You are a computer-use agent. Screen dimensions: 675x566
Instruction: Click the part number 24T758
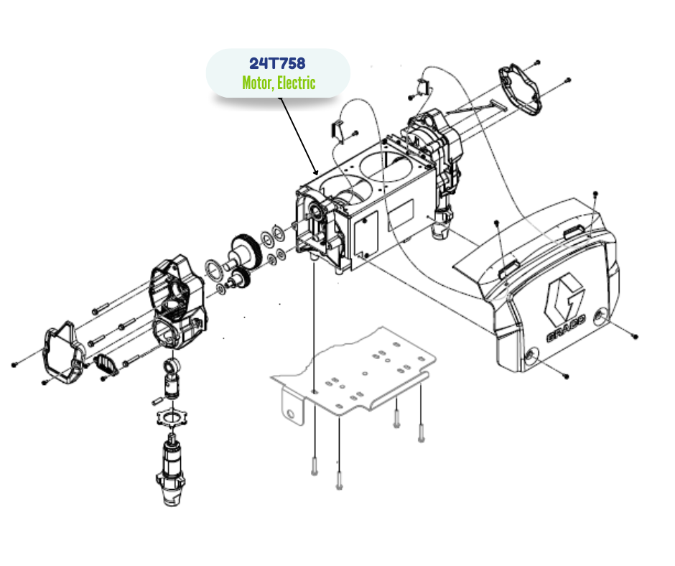tap(277, 63)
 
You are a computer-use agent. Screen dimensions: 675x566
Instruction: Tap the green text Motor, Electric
tap(279, 83)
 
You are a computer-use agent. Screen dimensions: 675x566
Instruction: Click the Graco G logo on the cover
tap(564, 297)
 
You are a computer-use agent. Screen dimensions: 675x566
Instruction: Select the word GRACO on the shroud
tap(566, 328)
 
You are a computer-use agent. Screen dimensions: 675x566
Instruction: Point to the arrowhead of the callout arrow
tap(316, 172)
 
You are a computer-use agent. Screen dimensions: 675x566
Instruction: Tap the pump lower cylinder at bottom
tap(171, 470)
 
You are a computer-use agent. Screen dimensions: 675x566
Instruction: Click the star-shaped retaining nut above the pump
tap(172, 417)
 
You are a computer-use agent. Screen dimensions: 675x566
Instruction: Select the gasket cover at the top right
tap(520, 90)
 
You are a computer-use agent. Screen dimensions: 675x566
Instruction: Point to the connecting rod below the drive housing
tap(172, 379)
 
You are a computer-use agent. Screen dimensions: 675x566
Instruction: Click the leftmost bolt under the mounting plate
tap(315, 466)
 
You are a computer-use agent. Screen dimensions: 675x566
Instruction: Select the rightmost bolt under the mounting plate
tap(421, 433)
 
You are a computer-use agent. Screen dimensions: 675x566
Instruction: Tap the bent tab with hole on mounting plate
tap(293, 407)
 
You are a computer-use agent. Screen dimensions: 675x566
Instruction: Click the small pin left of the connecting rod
tap(157, 401)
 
